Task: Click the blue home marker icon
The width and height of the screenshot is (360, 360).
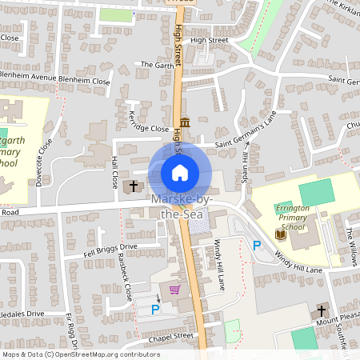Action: coord(180,172)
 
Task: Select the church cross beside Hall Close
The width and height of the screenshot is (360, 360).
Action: coord(134,186)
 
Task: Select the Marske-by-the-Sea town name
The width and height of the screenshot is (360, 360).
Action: coord(180,205)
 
